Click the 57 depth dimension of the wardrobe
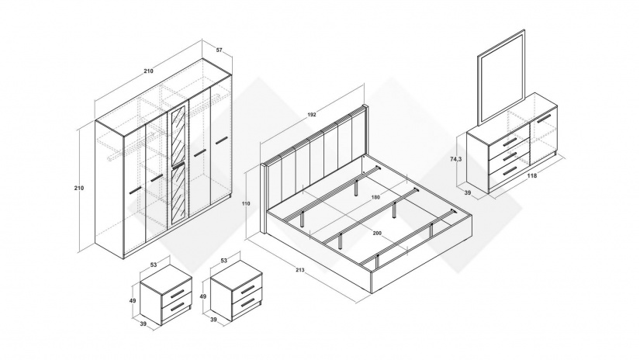220,50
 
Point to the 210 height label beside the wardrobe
78,188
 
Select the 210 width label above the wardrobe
148,71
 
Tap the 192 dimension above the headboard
312,114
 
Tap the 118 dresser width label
533,176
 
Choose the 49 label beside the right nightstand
204,296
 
